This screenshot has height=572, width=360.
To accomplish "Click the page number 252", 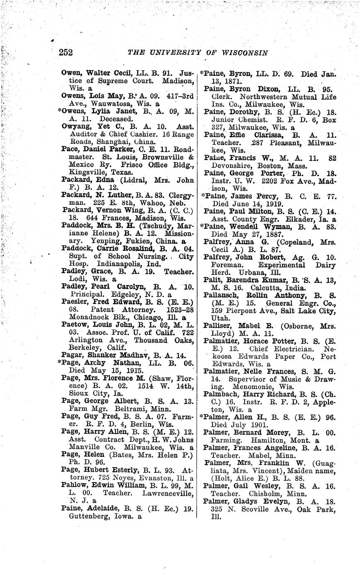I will [66, 53].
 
